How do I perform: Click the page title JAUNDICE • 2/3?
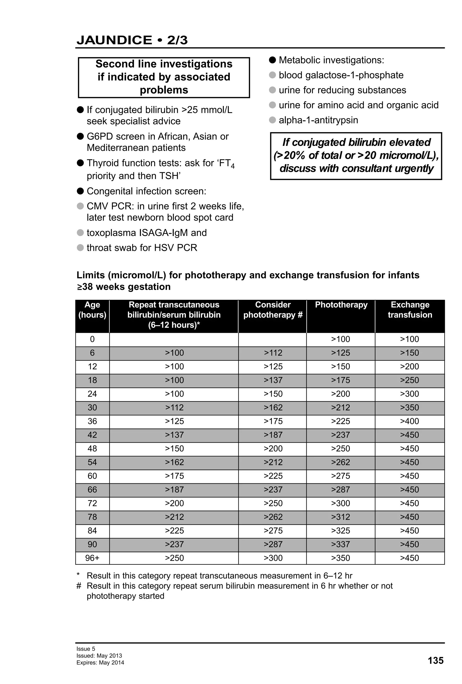click(x=132, y=40)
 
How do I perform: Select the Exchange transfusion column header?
click(x=410, y=310)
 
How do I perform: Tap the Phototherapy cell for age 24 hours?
click(x=340, y=394)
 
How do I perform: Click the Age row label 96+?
click(x=92, y=558)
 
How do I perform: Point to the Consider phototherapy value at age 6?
click(x=273, y=353)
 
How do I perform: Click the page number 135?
click(x=435, y=661)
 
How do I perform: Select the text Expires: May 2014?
click(x=100, y=663)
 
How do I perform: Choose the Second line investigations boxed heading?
click(x=164, y=77)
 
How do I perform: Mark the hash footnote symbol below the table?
click(x=79, y=586)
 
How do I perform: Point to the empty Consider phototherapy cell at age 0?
click(x=272, y=339)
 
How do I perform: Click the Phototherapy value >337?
click(x=340, y=544)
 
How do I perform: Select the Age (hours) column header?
click(x=92, y=310)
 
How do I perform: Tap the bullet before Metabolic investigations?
click(x=272, y=60)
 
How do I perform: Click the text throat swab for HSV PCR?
click(x=142, y=248)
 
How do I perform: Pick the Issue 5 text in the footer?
click(x=86, y=649)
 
